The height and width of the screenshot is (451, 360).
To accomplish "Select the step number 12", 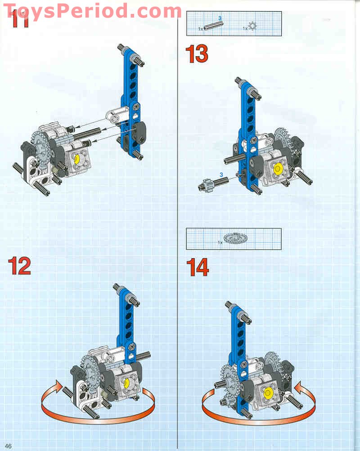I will tap(19, 266).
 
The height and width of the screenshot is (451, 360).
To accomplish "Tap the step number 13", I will tap(197, 54).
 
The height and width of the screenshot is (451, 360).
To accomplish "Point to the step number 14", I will tap(198, 268).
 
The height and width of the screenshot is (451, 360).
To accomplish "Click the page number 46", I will tap(8, 446).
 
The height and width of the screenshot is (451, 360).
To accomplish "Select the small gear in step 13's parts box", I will tap(252, 27).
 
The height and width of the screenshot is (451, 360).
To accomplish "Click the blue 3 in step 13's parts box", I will tap(220, 18).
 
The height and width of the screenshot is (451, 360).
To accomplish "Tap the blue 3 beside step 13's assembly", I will tap(221, 174).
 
